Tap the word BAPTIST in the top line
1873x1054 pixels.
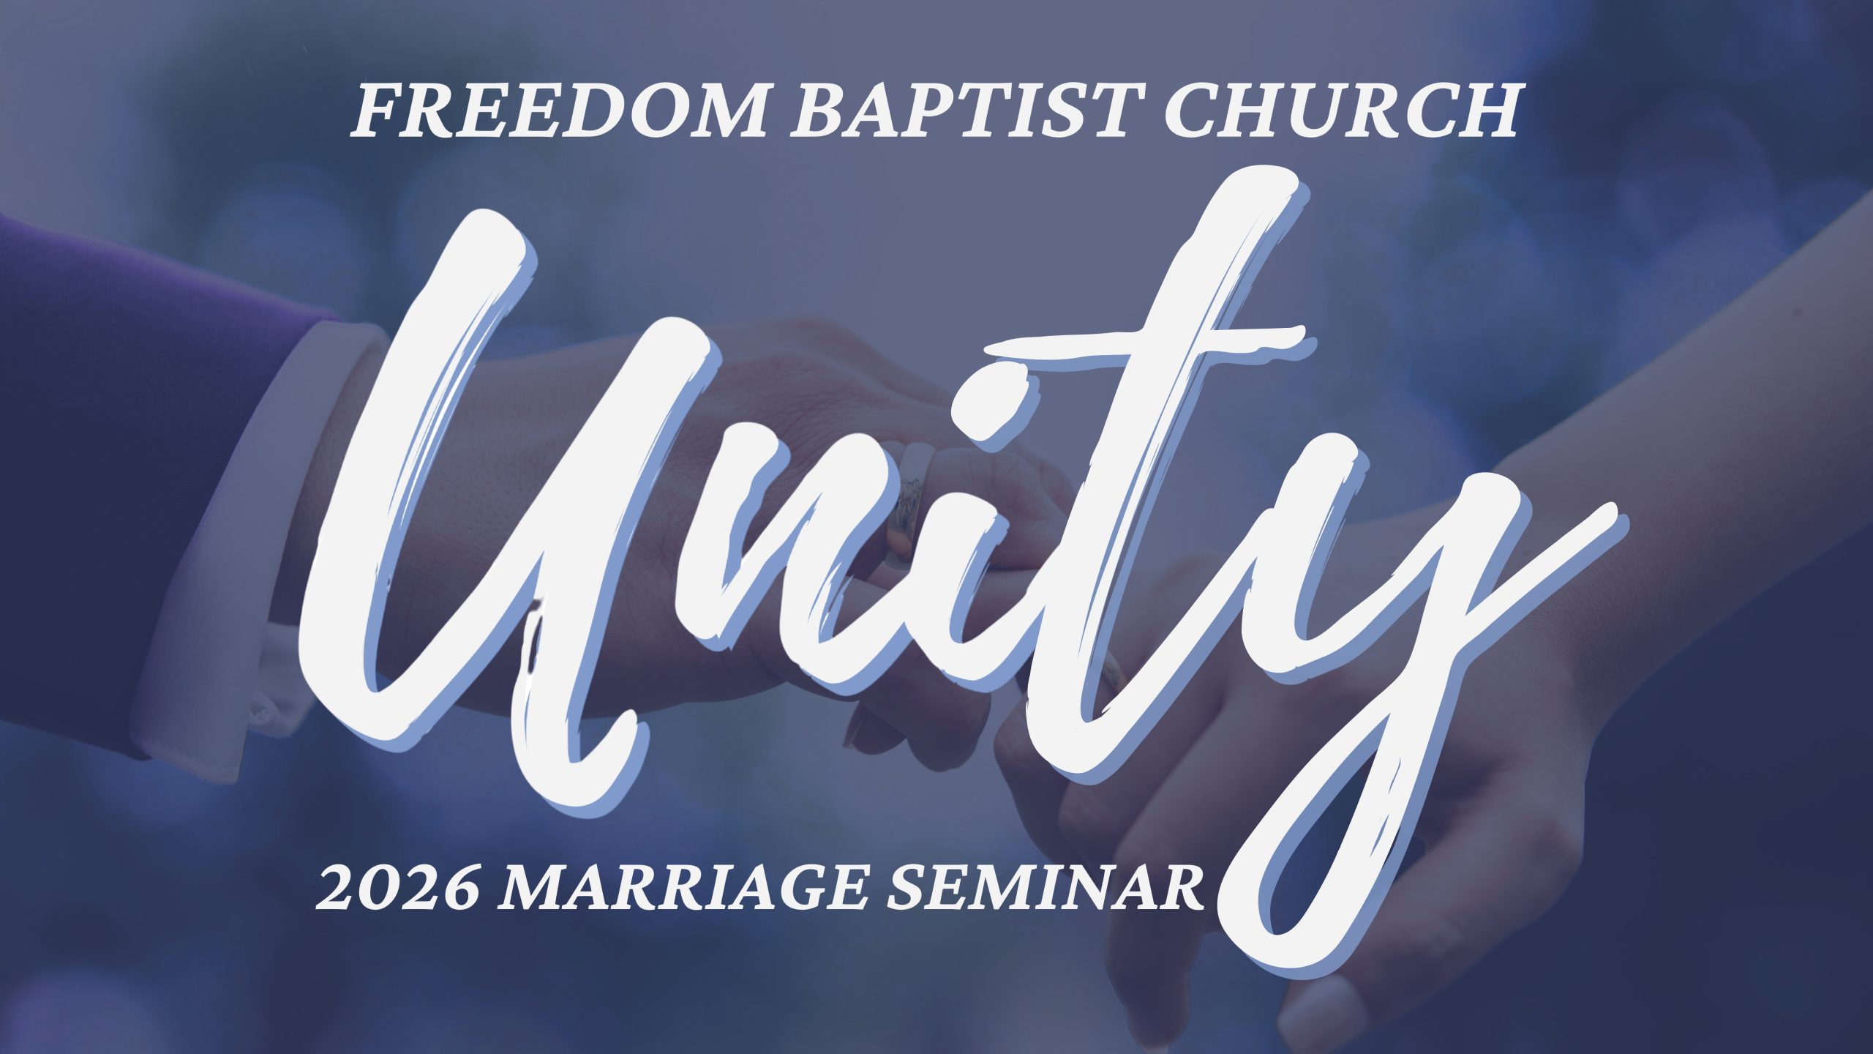pos(969,111)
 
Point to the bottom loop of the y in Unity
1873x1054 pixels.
pos(1310,871)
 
